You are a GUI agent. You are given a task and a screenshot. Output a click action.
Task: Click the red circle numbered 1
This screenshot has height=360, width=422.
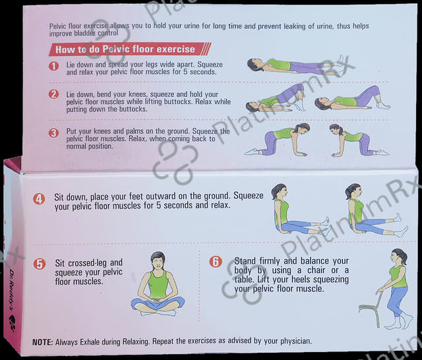(54, 66)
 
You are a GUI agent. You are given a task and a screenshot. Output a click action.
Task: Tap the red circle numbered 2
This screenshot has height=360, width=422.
(54, 94)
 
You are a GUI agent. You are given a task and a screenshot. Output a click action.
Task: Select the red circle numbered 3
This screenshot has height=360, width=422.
(53, 133)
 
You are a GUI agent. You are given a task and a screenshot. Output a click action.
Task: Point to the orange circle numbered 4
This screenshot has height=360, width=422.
(39, 199)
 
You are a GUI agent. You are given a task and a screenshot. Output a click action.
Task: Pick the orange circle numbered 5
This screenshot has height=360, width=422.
(40, 264)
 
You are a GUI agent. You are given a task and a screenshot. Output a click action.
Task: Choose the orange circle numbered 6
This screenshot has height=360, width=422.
(216, 262)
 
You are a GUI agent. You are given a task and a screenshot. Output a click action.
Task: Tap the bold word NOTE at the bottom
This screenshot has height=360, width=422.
(42, 342)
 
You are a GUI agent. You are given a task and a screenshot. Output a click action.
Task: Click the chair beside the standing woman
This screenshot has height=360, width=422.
(371, 309)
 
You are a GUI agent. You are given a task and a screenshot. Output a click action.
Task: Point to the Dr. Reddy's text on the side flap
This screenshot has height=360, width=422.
(11, 290)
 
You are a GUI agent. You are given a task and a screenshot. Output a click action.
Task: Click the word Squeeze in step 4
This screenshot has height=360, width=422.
(248, 195)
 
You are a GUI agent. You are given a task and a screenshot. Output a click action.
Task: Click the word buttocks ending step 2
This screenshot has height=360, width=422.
(133, 109)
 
